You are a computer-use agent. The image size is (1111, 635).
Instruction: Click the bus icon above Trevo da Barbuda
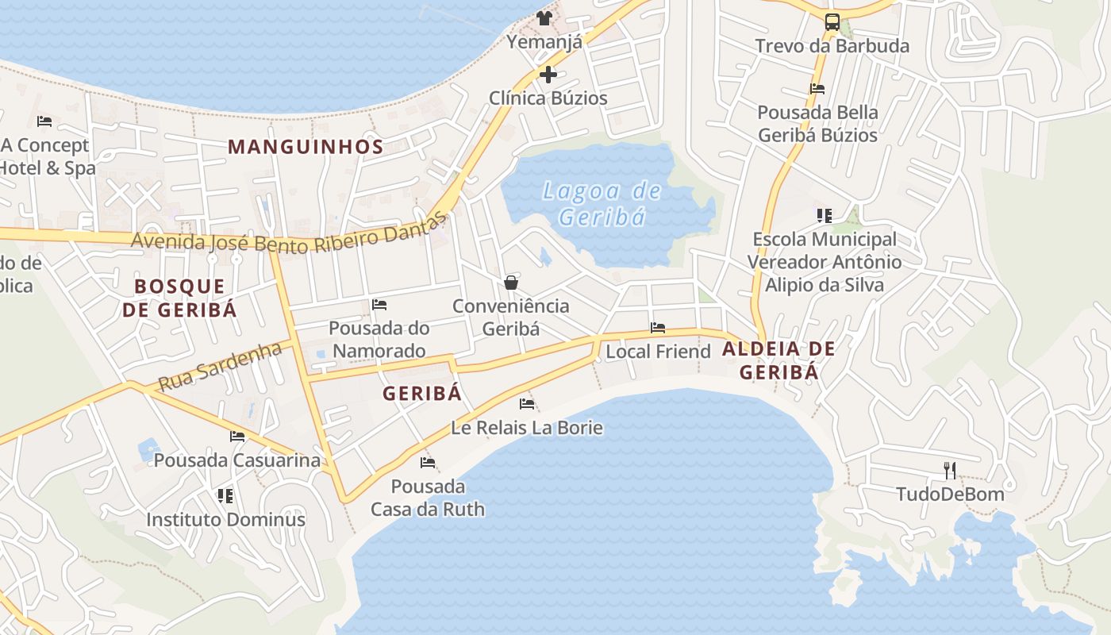coord(832,22)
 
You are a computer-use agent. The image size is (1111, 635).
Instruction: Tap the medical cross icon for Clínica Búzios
coord(548,75)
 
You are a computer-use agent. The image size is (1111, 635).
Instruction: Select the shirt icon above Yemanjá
coord(544,18)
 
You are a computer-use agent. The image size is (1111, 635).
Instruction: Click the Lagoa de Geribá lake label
coord(602,203)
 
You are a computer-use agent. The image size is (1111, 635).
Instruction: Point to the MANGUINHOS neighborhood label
coord(306,147)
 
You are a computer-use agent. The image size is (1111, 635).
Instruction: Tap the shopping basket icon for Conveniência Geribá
coord(511,283)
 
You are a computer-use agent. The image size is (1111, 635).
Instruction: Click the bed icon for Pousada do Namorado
coord(379,305)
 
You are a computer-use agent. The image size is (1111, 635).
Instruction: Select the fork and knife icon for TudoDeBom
coord(950,471)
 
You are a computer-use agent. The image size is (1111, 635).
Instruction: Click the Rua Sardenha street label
coord(220,367)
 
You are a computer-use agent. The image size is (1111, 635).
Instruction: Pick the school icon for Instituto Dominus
coord(225,496)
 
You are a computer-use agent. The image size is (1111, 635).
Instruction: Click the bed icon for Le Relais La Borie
coord(527,404)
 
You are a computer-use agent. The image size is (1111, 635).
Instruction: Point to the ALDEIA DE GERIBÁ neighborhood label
coord(778,360)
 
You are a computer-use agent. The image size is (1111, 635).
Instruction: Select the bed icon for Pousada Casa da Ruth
coord(428,463)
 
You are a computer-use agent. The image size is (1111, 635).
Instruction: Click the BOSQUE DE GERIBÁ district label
coord(179,298)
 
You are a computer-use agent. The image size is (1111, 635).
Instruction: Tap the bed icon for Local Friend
coord(658,328)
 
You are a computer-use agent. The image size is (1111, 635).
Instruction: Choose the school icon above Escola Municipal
coord(825,216)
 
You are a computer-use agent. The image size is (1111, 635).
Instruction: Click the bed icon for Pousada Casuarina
coord(237,436)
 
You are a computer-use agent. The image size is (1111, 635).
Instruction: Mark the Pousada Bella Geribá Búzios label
coord(817,124)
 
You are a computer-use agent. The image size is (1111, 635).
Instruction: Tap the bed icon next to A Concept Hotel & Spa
coord(44,121)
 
